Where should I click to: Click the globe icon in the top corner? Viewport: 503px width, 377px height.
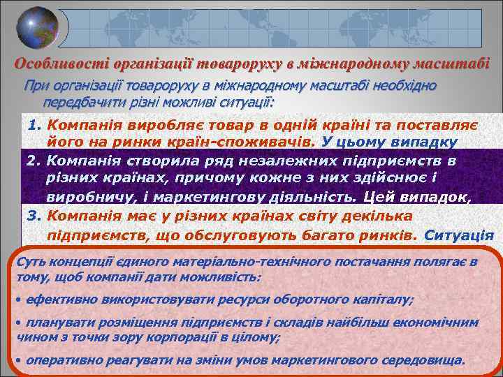37,28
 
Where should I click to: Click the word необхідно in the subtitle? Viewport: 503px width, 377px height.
406,86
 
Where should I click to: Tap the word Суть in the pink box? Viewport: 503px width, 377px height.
29,262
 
